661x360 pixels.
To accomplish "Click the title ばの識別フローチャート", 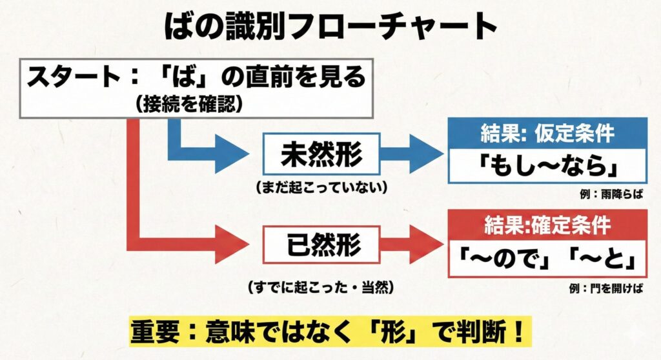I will [330, 26].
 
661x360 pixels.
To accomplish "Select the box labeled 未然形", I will [321, 155].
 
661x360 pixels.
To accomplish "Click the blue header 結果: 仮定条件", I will [547, 134].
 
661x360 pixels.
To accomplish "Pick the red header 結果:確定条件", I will [546, 224].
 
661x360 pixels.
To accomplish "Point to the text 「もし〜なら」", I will [547, 166].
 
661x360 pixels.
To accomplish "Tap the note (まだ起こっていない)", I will [321, 188].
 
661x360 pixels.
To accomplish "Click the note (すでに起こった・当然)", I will [321, 285].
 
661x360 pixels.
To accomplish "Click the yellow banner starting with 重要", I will [330, 332].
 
